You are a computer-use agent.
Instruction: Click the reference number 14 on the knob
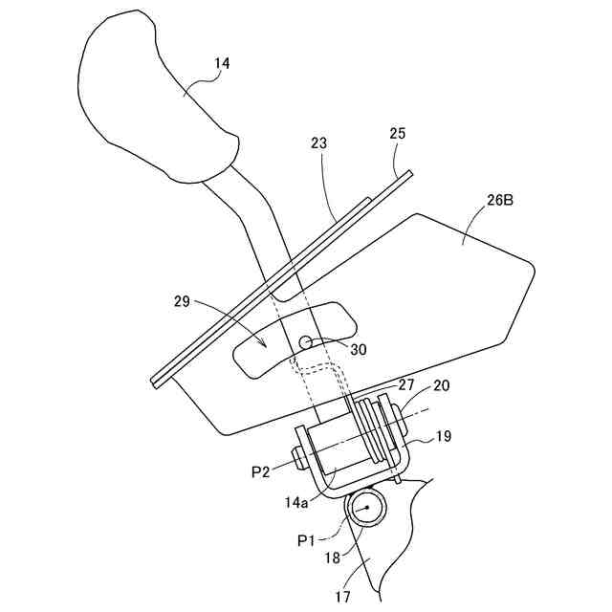point(222,64)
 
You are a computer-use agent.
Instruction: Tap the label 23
point(318,143)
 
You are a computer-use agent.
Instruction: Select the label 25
point(398,134)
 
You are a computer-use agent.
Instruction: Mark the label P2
point(261,471)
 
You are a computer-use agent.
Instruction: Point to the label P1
point(307,540)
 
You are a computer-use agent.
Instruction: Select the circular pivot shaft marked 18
point(364,508)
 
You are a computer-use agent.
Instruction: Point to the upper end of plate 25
point(407,174)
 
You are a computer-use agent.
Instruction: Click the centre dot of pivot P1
point(364,508)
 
